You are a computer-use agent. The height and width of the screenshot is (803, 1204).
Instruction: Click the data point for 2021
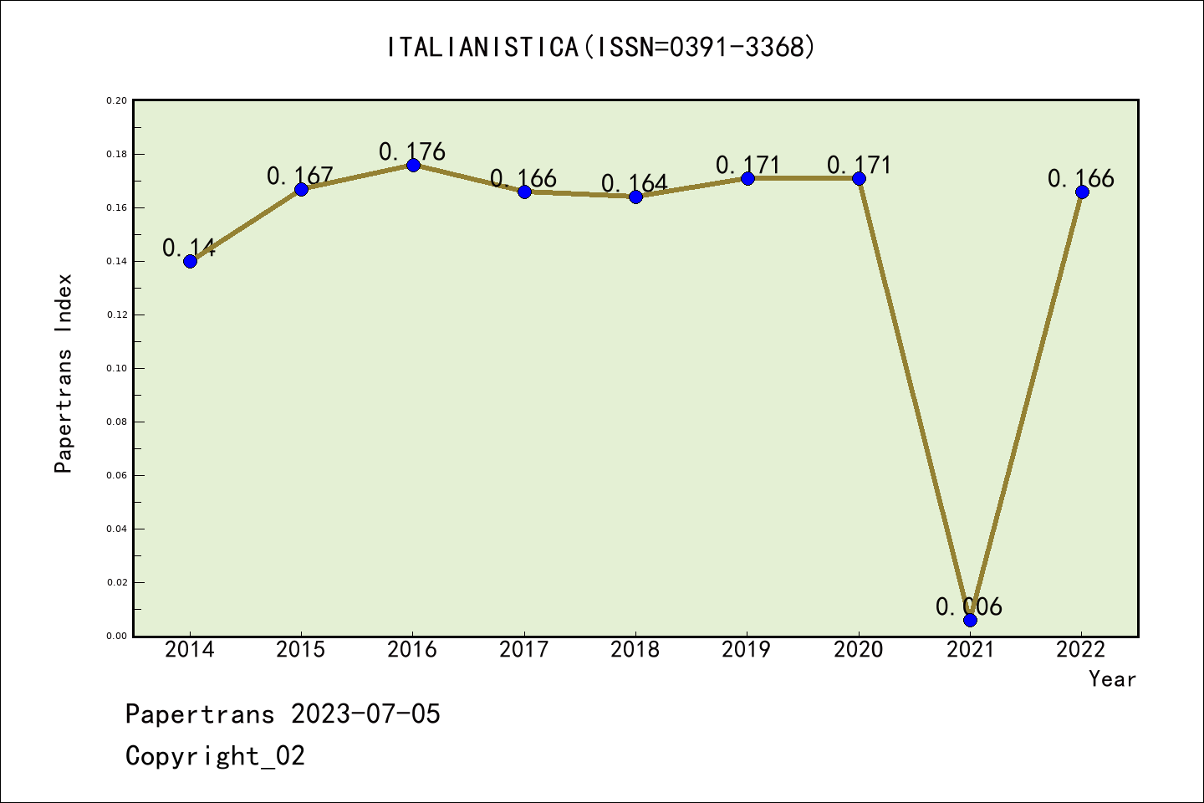click(970, 620)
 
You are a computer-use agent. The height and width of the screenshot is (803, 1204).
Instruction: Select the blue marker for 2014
click(190, 261)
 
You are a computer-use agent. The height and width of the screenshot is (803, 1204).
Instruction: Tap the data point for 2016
click(413, 165)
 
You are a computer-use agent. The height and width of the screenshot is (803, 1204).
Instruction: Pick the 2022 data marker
click(1082, 192)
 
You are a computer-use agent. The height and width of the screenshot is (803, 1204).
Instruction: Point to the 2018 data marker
click(635, 197)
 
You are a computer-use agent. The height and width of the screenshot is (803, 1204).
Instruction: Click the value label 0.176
click(412, 152)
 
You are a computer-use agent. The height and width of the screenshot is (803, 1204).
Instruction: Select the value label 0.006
click(969, 607)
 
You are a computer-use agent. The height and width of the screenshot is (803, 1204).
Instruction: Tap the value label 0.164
click(635, 184)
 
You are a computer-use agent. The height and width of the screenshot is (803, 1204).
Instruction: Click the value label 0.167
click(300, 176)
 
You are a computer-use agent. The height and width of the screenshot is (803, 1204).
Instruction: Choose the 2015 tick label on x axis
click(301, 650)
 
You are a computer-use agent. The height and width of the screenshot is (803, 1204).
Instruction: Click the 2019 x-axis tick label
click(747, 650)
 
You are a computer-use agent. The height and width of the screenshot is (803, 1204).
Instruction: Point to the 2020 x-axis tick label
click(859, 650)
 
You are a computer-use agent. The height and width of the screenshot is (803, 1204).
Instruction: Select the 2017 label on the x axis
click(524, 650)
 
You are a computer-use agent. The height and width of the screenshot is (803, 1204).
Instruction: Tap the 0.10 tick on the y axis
click(117, 368)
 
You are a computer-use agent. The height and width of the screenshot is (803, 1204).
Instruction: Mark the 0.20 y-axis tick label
click(117, 101)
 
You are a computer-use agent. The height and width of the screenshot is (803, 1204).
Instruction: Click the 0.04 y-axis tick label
click(117, 529)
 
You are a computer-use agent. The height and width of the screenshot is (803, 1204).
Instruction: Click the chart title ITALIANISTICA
click(601, 47)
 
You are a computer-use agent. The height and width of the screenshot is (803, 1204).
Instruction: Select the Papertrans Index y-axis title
click(64, 373)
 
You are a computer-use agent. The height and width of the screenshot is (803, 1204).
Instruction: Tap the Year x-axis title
click(1112, 679)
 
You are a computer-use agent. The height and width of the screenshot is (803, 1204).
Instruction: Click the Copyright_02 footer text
click(216, 756)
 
